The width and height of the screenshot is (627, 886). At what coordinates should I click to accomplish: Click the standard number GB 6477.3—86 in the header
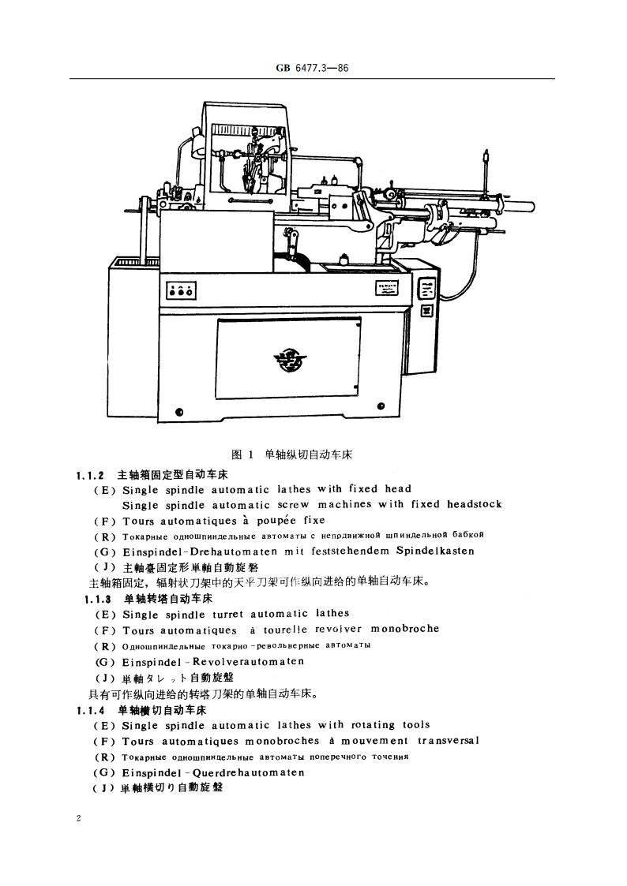(x=313, y=69)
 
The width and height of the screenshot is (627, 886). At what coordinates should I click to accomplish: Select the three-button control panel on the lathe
(x=182, y=291)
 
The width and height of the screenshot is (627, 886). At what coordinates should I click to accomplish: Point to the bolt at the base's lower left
(x=179, y=411)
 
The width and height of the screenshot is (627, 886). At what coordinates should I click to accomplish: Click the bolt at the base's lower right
(x=381, y=407)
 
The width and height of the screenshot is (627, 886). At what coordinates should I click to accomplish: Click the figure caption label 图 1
(x=241, y=454)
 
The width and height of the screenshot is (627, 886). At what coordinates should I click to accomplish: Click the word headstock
(x=474, y=504)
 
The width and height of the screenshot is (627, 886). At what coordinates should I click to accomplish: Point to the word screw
(x=293, y=504)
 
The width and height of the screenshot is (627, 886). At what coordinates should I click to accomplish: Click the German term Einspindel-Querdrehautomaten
(x=213, y=772)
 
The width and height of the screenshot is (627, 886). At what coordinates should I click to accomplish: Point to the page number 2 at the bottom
(x=78, y=819)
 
